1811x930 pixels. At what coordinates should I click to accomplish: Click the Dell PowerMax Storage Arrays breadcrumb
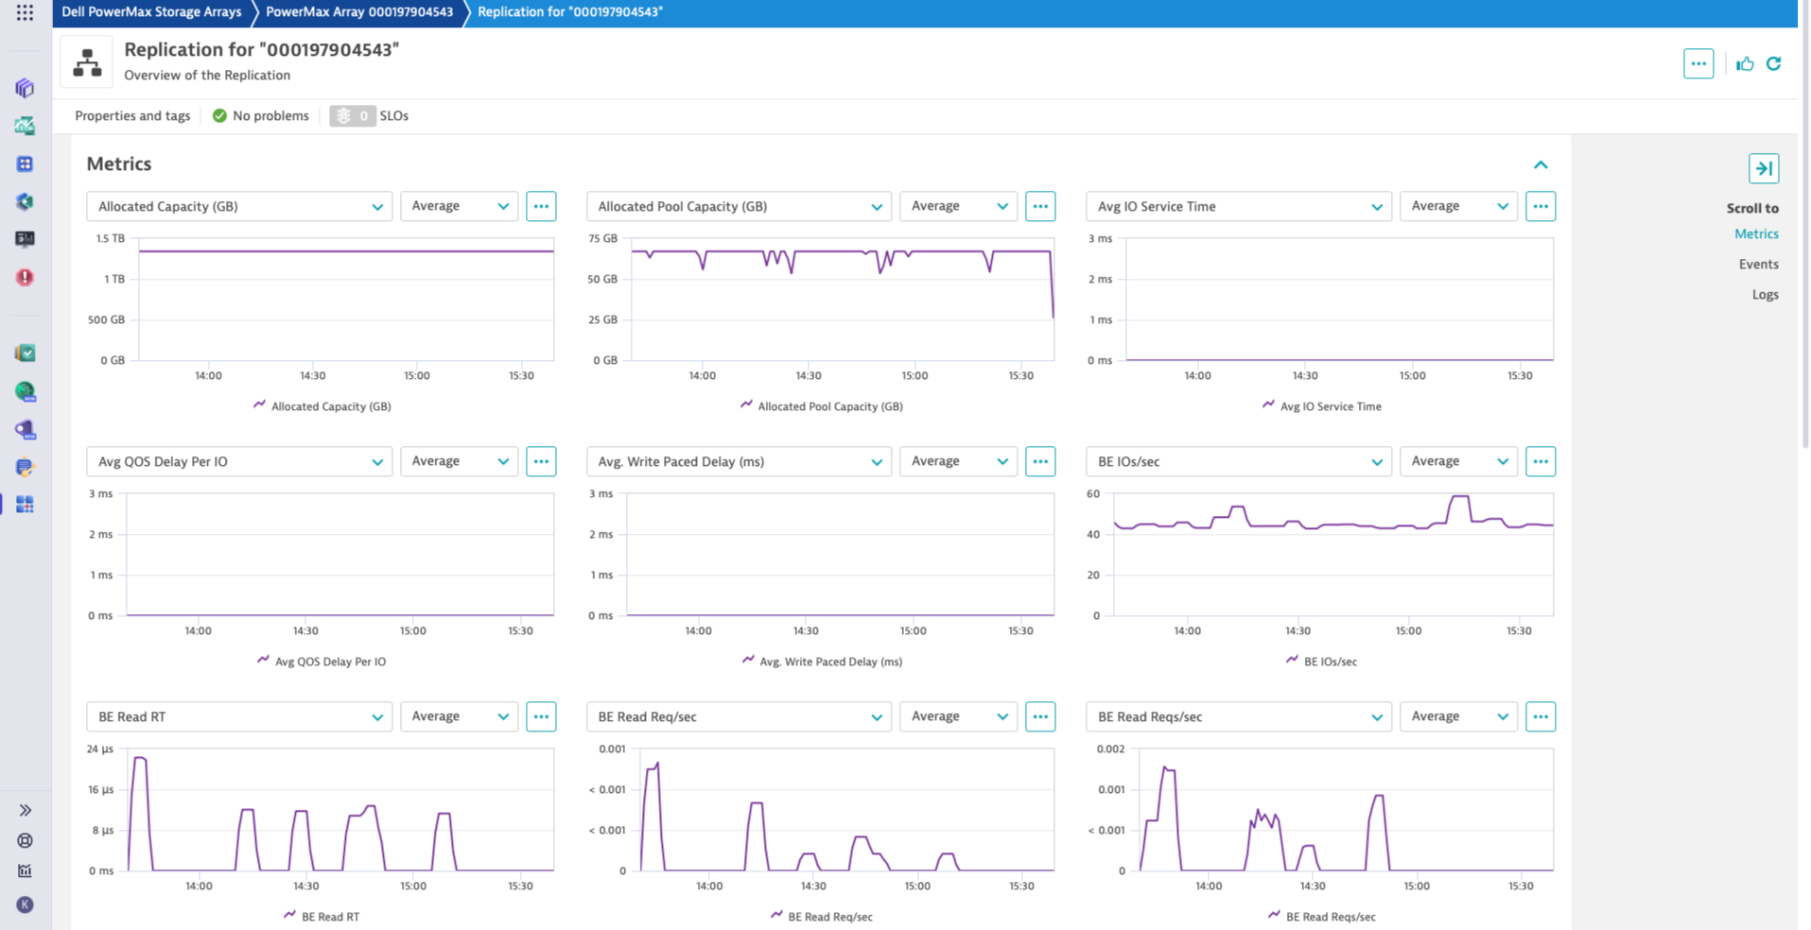pos(151,12)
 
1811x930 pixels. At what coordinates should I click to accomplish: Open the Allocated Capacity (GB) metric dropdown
pos(238,206)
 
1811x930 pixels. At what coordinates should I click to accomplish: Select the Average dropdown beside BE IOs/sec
pos(1457,461)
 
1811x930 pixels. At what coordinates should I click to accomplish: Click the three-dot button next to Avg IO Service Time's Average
pos(1540,206)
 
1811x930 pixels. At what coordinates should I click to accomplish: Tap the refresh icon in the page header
pos(1773,63)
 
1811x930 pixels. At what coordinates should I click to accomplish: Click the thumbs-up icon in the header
pos(1745,63)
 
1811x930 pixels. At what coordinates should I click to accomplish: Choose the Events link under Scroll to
pos(1758,265)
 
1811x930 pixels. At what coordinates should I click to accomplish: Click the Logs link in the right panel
pos(1765,295)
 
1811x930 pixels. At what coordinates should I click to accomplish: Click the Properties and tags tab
pos(132,115)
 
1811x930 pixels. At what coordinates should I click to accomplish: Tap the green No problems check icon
pos(219,115)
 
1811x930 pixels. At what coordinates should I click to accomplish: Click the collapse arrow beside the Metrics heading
pos(1541,164)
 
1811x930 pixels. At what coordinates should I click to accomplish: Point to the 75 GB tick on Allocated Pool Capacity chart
pos(602,238)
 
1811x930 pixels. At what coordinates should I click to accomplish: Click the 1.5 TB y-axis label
pos(110,238)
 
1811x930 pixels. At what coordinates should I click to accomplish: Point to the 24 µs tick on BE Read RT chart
pos(99,749)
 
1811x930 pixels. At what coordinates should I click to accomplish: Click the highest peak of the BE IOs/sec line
pos(1460,496)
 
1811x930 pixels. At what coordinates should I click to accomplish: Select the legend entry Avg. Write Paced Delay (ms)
pos(829,662)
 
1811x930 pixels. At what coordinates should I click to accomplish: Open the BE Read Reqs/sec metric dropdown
pos(1238,716)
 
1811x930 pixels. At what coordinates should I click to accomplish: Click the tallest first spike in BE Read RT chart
pos(139,758)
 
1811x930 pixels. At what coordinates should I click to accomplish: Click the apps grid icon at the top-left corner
pos(26,12)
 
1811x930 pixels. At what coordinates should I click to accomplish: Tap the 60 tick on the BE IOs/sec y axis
pos(1093,493)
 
